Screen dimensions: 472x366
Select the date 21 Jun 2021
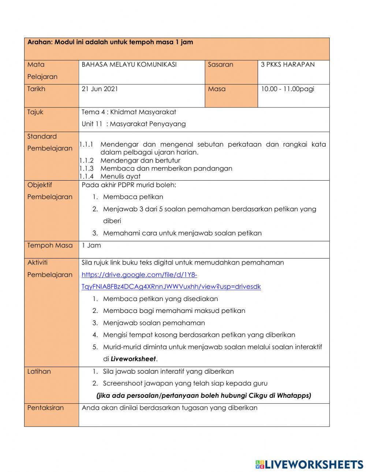(100, 89)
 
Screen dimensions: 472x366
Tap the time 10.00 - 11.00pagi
(287, 89)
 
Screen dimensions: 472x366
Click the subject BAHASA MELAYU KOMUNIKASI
(129, 64)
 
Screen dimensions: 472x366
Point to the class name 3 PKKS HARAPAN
(288, 64)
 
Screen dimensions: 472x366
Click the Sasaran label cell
(220, 64)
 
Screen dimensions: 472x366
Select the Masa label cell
(217, 89)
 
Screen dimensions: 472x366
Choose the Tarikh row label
(36, 89)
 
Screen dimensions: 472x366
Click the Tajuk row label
(35, 112)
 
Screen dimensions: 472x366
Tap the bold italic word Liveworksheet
(133, 359)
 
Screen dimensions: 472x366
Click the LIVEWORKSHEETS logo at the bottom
(309, 464)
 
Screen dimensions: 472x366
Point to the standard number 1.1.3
(87, 169)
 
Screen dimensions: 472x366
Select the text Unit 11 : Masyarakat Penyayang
(134, 124)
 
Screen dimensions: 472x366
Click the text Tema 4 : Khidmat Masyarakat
(129, 112)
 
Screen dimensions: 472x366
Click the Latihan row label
(39, 371)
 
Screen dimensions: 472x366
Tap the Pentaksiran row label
(45, 408)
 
